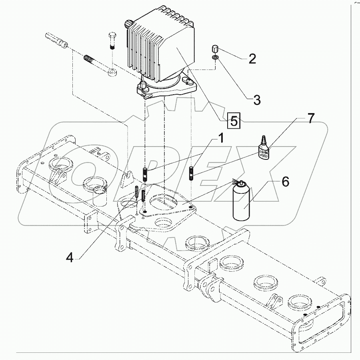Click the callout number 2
click(x=252, y=60)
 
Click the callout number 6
click(x=284, y=182)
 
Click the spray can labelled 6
click(x=241, y=202)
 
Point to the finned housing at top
click(x=160, y=44)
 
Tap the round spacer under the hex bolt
click(x=112, y=73)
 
